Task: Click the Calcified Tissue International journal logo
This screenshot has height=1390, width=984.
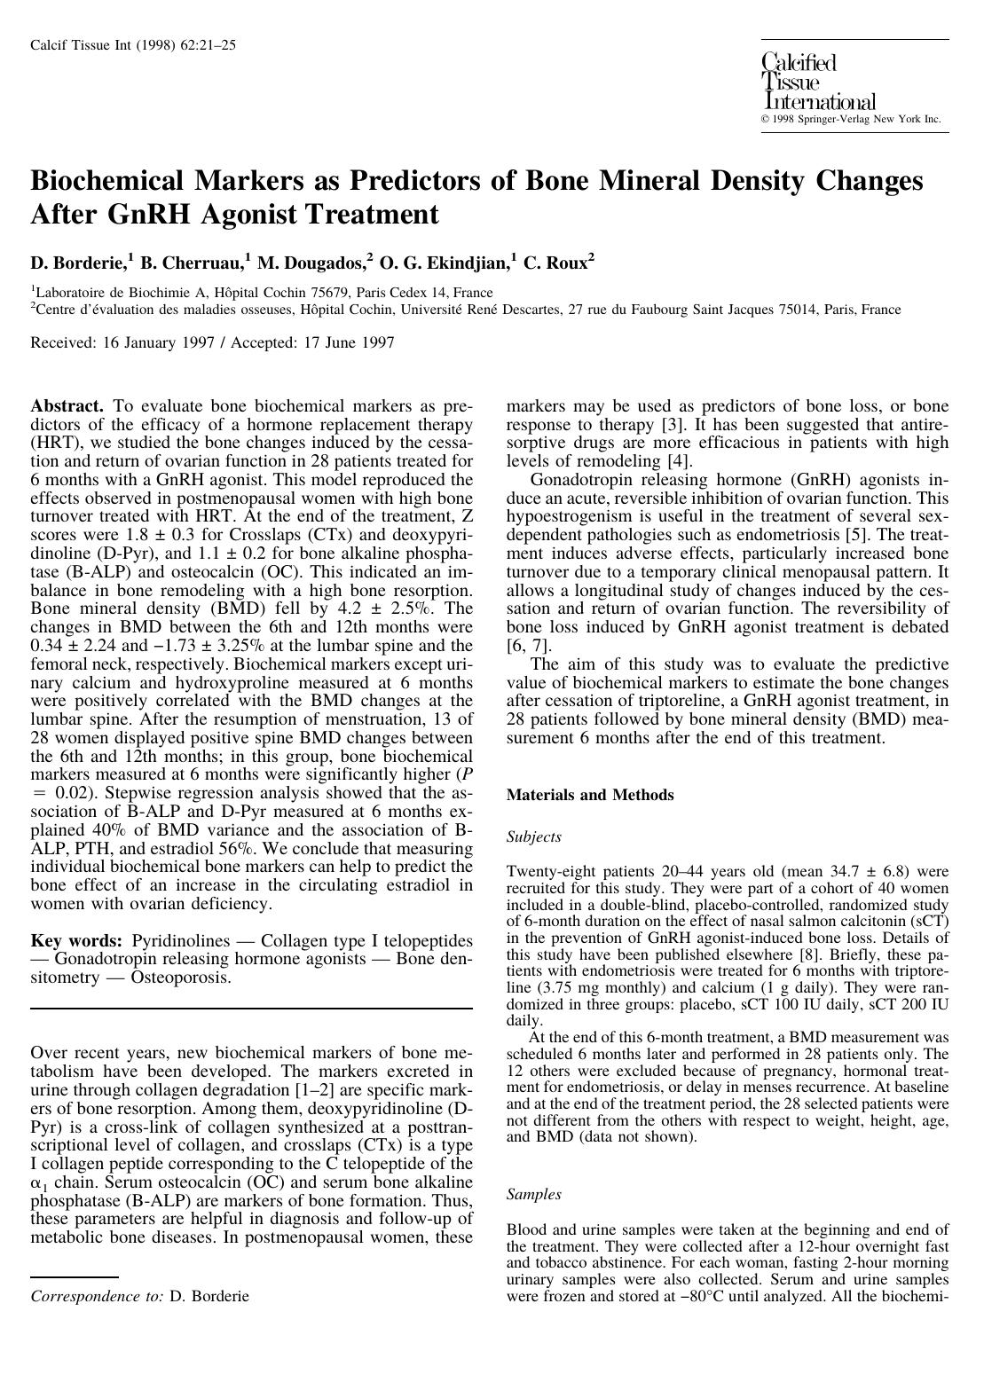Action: click(x=817, y=82)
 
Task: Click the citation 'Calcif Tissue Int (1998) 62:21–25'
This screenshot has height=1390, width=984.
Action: click(x=133, y=45)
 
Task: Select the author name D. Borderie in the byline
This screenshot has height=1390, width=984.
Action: click(x=79, y=263)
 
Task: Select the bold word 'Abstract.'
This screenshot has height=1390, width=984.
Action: click(x=67, y=405)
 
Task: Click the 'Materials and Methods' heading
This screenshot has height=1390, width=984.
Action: click(x=589, y=795)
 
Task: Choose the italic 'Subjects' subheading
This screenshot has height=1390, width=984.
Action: click(x=533, y=836)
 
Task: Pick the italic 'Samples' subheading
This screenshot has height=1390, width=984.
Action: click(x=533, y=1194)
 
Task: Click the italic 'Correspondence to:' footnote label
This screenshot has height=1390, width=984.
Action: click(x=97, y=1296)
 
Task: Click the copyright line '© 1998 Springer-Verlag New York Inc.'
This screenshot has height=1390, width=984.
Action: click(x=850, y=119)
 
